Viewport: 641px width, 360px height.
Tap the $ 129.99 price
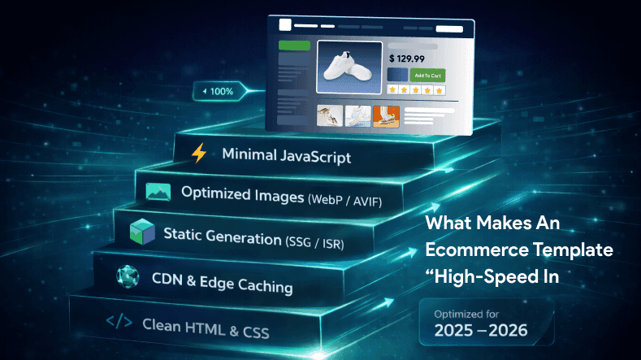coord(405,59)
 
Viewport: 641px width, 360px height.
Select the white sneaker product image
coord(350,72)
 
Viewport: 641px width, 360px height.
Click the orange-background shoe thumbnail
coord(386,116)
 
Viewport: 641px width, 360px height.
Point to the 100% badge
coord(218,91)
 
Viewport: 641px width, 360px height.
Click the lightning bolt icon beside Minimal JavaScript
coord(198,154)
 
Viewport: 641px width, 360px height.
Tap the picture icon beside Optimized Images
coord(157,192)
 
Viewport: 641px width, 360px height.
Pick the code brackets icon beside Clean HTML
coord(119,323)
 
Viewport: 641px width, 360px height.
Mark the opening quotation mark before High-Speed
coord(432,273)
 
